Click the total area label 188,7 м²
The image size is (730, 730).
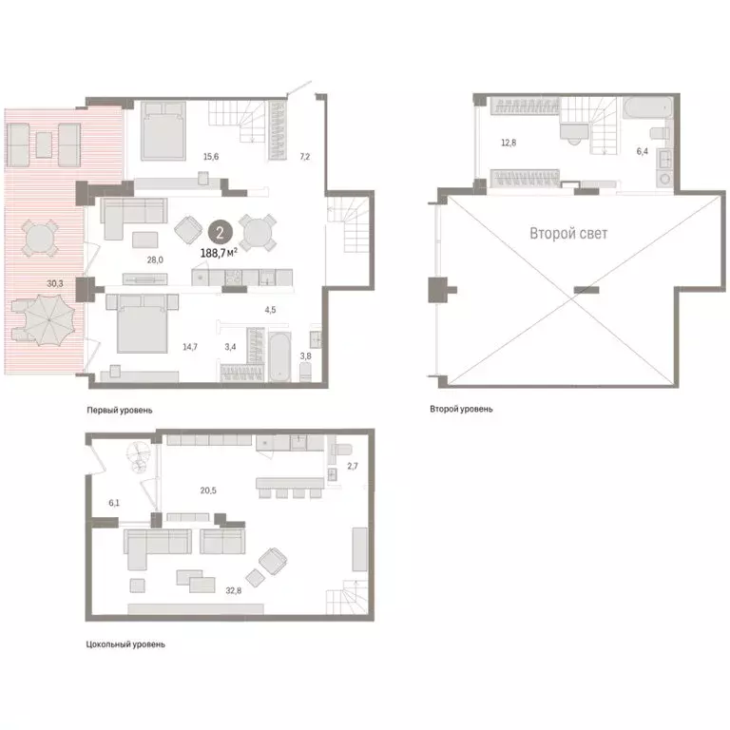(219, 253)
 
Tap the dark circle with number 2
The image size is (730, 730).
(220, 232)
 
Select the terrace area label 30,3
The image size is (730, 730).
(55, 283)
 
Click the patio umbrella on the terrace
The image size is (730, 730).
(48, 320)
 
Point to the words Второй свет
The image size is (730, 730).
(568, 233)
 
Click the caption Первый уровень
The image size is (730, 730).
(120, 411)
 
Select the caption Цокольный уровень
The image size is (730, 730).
(125, 644)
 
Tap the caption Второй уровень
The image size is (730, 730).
(461, 409)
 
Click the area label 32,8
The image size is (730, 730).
(234, 590)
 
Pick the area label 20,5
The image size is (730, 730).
(208, 490)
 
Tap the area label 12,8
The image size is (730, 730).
(509, 143)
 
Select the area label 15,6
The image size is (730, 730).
(211, 157)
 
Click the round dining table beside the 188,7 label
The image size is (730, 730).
(258, 232)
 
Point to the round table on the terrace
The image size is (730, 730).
(40, 239)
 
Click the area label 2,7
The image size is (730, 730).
(353, 466)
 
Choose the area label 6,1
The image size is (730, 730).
(114, 503)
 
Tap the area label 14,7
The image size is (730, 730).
(190, 346)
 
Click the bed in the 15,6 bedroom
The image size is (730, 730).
(163, 131)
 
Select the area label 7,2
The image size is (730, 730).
(305, 157)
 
